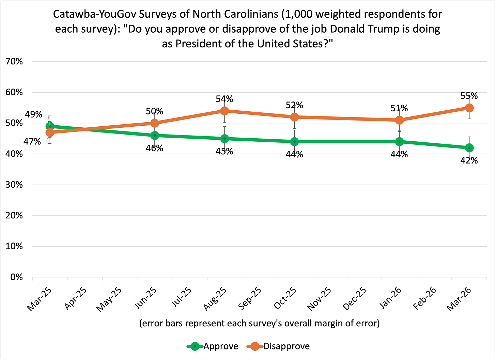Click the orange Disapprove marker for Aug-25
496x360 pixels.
pyautogui.click(x=224, y=111)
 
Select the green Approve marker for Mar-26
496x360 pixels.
pyautogui.click(x=469, y=147)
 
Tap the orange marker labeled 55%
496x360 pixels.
pyautogui.click(x=469, y=108)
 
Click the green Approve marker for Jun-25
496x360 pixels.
pyautogui.click(x=155, y=135)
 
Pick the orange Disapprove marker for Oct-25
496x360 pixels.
pyautogui.click(x=294, y=117)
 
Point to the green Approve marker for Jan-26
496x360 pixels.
pyautogui.click(x=399, y=141)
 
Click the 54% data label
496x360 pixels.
pyautogui.click(x=224, y=99)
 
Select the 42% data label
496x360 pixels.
pyautogui.click(x=469, y=160)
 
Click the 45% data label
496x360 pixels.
pyautogui.click(x=224, y=151)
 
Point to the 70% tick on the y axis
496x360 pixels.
pyautogui.click(x=14, y=62)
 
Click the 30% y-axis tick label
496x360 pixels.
pyautogui.click(x=14, y=185)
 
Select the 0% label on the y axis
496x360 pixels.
pyautogui.click(x=16, y=277)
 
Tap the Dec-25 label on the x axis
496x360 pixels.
pyautogui.click(x=355, y=299)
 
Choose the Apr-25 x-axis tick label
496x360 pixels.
pyautogui.click(x=76, y=299)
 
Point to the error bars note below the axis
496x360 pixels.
pyautogui.click(x=259, y=323)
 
